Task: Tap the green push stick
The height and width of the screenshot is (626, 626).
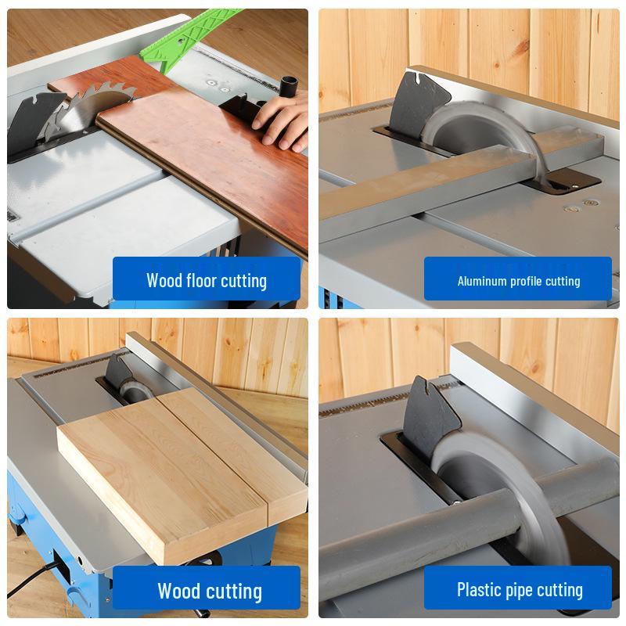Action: tap(188, 38)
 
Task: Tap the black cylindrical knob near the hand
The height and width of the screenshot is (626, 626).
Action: tap(286, 85)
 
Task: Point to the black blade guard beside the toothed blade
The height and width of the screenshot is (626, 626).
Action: tap(32, 120)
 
